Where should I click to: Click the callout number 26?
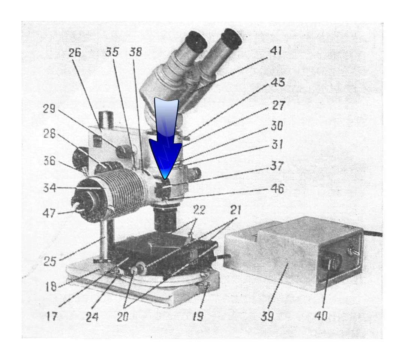75,52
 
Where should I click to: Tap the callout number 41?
276,51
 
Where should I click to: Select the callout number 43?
278,82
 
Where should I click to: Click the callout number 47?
49,214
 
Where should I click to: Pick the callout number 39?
267,316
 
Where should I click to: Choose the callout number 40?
321,315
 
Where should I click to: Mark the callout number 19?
198,316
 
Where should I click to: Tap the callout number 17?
51,316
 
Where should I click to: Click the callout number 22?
199,210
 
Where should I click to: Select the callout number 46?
277,188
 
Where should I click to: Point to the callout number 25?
50,261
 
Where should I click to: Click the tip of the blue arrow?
165,179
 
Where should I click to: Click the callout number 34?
50,187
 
